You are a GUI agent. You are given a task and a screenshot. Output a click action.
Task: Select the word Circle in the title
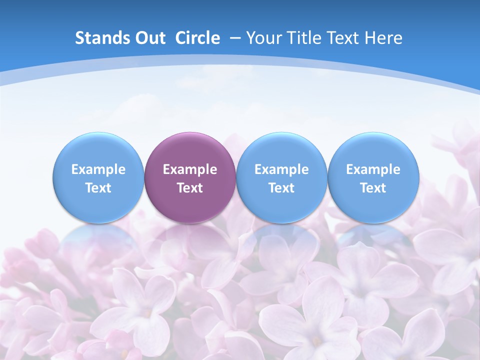click(x=197, y=38)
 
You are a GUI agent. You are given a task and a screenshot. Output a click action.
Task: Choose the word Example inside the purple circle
click(x=190, y=169)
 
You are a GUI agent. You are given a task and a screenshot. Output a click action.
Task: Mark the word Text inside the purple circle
click(x=190, y=188)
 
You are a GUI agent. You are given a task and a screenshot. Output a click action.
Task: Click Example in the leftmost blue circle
click(x=98, y=169)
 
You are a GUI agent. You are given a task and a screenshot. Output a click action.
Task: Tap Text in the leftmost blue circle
click(x=98, y=188)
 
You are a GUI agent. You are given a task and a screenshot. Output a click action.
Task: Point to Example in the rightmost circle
click(x=373, y=169)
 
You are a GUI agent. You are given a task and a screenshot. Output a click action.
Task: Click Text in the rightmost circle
click(x=373, y=188)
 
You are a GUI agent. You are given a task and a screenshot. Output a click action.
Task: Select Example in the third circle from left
click(x=281, y=169)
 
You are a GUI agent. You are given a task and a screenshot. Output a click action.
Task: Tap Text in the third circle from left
click(x=281, y=188)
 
